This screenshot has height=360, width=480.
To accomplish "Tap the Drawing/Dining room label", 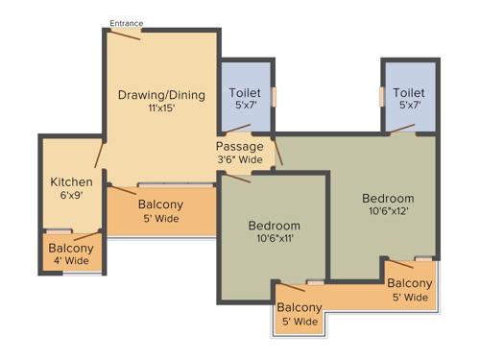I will point(160,95).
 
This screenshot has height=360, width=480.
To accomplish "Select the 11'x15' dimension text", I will point(160,109).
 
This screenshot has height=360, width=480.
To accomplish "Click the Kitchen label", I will point(72,181).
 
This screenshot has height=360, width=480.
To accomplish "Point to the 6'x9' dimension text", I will point(72,195).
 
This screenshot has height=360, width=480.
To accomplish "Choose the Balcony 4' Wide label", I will point(71,254).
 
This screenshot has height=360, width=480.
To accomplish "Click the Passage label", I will point(240,147).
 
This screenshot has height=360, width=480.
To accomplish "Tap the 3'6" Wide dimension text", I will point(240,159).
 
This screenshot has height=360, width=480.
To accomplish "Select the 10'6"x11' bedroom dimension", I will point(275,239).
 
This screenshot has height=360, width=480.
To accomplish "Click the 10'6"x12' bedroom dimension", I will point(388,211).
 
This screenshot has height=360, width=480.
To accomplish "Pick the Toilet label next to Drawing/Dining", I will point(245,92).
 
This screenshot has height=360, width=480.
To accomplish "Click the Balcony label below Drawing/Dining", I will point(160,204).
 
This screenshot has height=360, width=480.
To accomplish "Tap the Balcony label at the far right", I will point(410,283).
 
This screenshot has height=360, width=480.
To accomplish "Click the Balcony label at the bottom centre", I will point(299,308).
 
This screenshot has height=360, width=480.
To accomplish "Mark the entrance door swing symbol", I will point(125,34).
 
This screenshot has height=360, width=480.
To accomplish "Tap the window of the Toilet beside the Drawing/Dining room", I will point(275,97).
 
